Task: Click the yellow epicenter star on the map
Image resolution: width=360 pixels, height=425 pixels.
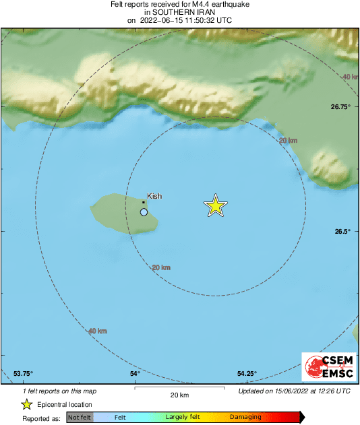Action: pos(215,206)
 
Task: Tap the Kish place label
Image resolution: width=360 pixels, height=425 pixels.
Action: pos(154,196)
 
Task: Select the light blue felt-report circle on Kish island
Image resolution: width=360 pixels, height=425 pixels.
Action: pos(144,212)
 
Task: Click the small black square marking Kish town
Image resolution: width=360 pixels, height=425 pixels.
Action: pos(144,202)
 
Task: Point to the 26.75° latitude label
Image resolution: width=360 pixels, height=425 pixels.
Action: pos(341,106)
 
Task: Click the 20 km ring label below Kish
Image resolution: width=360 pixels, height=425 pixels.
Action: pos(161,267)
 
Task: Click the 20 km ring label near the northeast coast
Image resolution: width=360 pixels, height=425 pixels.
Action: pos(288,140)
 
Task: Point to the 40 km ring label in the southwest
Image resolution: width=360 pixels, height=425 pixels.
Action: pos(98,331)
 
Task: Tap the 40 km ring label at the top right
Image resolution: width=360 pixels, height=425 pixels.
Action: pos(350,77)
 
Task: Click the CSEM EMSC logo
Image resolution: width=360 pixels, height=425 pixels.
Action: pos(326,368)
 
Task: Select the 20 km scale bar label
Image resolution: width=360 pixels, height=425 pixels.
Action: pos(179,395)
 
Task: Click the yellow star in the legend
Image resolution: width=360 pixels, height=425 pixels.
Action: pos(27,404)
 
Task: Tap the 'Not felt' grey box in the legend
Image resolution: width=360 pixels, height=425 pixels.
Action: pos(79,418)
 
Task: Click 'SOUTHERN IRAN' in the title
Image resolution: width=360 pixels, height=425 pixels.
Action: pos(179,11)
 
